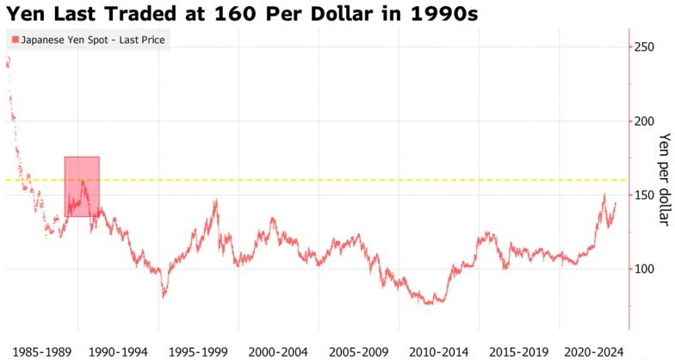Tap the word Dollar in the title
339,14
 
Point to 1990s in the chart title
444,14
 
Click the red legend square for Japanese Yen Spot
15,40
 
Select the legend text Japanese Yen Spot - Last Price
93,40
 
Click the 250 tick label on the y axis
645,47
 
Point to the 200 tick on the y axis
645,121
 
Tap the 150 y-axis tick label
645,195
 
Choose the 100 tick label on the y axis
645,269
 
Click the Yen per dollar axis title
665,179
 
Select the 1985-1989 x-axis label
41,351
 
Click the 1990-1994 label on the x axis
118,351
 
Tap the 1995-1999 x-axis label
198,351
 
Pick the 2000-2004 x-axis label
278,351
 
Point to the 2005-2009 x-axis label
358,351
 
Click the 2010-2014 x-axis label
439,351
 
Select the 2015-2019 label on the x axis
519,351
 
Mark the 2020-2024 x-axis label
594,351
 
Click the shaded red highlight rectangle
82,186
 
